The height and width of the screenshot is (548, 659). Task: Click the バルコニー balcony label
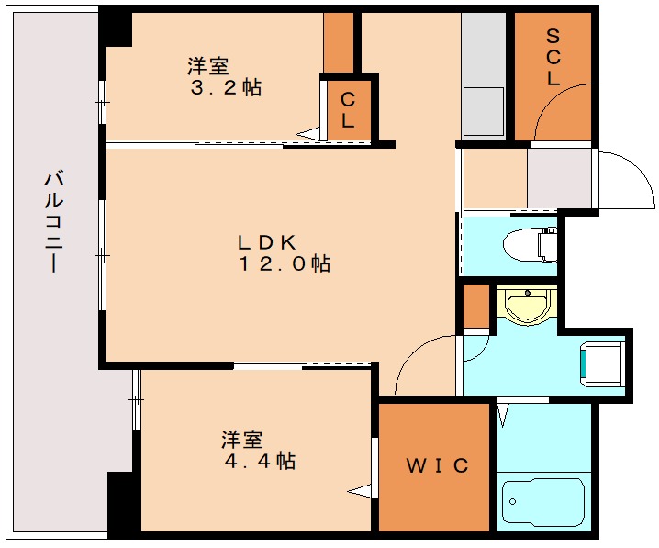point(53,220)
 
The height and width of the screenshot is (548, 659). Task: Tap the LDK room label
point(266,243)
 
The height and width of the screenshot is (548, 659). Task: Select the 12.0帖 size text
point(285,264)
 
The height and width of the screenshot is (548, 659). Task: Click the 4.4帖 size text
point(260,462)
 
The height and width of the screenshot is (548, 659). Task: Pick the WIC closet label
point(437,465)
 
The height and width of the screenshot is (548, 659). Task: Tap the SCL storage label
point(553,58)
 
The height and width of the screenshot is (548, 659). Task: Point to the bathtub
point(542,504)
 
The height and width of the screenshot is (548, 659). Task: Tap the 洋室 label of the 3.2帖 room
point(208,66)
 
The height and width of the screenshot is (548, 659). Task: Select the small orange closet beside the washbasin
point(475,308)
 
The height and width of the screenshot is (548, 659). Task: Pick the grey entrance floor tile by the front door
point(559,177)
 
